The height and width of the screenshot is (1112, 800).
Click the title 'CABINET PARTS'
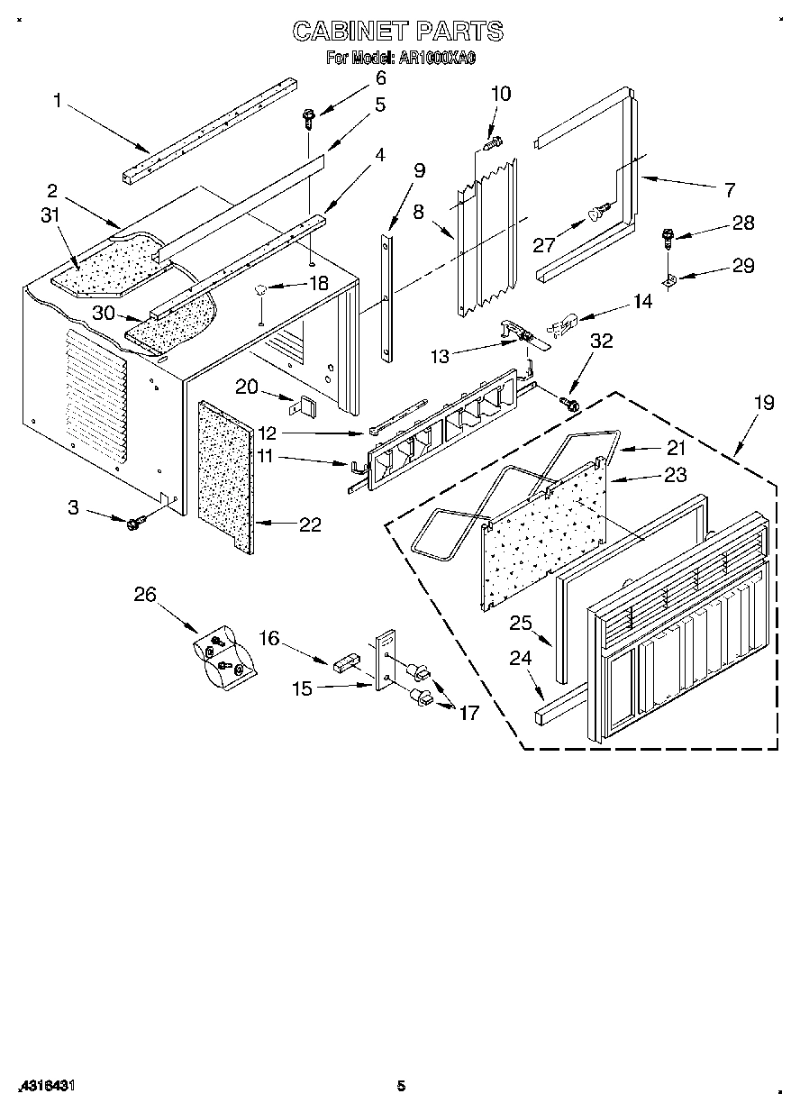397,32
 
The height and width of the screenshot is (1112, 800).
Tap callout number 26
145,594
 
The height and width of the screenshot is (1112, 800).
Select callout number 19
763,402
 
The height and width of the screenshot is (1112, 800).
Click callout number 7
727,189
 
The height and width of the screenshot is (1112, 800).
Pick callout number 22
309,525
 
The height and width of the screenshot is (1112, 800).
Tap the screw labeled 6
308,114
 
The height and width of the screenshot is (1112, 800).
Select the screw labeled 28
668,239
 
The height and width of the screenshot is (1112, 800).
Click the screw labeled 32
570,404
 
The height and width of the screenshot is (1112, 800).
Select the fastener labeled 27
596,213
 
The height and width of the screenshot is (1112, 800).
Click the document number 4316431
44,1086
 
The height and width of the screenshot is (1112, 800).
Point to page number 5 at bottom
402,1086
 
